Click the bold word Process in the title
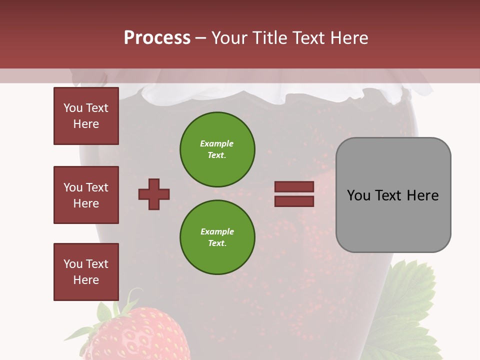(157, 38)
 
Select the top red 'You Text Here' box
(86, 116)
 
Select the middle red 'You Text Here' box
(86, 195)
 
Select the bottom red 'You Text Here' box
(86, 272)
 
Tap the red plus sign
(154, 194)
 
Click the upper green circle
(217, 149)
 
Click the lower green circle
(217, 237)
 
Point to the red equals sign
(294, 194)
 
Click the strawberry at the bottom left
(135, 335)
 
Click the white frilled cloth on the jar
(280, 95)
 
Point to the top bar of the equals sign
(294, 187)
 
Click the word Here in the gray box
(422, 195)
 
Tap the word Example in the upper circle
(217, 143)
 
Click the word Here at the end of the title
(350, 38)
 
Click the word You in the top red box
(73, 108)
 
